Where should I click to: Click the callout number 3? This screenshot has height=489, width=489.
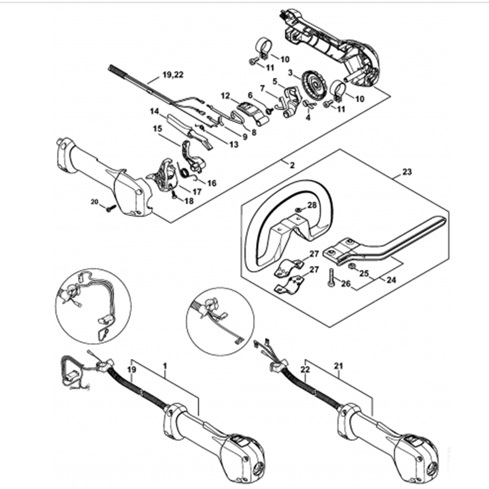(290, 73)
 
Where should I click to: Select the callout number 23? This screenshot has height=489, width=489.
(407, 172)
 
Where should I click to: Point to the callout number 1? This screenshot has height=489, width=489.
(165, 365)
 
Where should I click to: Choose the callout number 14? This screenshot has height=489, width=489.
(155, 112)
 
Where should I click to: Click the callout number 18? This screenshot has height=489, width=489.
(188, 200)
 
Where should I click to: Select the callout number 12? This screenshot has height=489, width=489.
(225, 96)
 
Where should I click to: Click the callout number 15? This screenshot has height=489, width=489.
(157, 129)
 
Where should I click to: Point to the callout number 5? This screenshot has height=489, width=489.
(275, 81)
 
